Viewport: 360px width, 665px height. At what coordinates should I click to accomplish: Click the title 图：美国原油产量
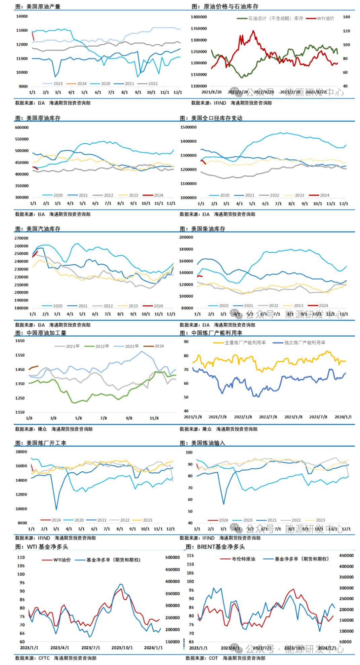tap(38, 6)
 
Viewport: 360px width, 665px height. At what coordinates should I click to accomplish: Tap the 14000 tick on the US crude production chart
tap(22, 16)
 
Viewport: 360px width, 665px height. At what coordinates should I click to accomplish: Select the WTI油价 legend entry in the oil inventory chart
tap(325, 19)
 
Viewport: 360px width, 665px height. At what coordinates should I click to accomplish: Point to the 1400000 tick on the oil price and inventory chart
tap(199, 17)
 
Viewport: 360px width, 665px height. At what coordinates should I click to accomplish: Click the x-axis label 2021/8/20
tap(211, 92)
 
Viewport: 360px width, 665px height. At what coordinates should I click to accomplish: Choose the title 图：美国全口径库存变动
tap(211, 118)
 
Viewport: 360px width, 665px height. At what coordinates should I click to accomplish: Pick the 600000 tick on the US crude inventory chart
tap(22, 127)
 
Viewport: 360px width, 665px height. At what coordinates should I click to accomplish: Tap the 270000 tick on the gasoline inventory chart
tap(22, 238)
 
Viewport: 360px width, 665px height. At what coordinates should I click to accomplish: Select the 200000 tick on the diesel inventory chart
tap(186, 237)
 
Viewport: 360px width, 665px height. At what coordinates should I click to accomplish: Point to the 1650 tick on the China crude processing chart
tap(20, 341)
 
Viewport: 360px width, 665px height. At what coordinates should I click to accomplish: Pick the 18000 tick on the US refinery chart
tap(22, 452)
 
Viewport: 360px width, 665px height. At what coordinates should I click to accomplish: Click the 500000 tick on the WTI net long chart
tap(172, 557)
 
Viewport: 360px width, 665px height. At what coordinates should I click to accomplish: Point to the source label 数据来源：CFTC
tap(32, 658)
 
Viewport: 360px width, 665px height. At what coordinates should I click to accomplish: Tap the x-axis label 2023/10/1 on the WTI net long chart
tap(122, 648)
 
